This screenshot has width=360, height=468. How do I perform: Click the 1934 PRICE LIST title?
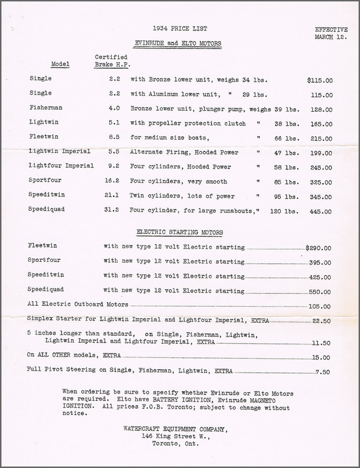(x=177, y=29)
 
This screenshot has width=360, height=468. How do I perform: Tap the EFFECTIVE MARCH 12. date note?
(x=331, y=33)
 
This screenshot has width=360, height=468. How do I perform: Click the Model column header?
(x=60, y=64)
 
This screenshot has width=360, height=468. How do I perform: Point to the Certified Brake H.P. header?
(x=112, y=60)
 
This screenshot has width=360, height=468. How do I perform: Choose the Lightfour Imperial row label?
(x=61, y=166)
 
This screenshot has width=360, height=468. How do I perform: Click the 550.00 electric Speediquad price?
(x=320, y=292)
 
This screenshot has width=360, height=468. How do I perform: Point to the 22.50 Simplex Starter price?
(x=321, y=321)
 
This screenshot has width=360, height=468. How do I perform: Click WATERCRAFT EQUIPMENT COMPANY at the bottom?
(x=175, y=429)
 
